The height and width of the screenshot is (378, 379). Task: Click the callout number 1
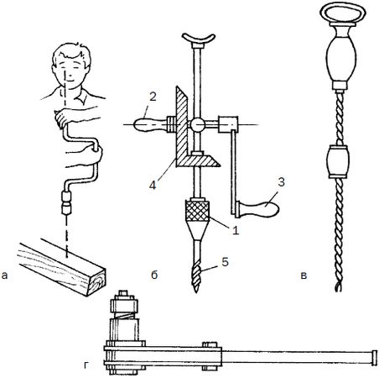click(236, 230)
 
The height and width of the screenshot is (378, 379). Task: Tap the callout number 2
click(153, 97)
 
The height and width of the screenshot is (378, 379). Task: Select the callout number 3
click(281, 182)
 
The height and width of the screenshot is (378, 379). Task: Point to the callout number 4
click(153, 185)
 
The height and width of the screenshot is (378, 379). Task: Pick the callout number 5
click(225, 262)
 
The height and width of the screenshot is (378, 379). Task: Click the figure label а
click(4, 276)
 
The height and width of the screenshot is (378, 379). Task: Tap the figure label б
click(154, 275)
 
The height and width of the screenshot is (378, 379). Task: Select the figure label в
click(304, 276)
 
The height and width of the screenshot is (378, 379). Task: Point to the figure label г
click(86, 365)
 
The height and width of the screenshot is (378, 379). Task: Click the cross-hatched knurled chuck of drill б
click(197, 210)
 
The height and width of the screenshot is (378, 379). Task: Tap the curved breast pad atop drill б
click(199, 39)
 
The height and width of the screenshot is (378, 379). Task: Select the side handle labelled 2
click(150, 124)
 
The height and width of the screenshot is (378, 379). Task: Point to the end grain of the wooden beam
click(97, 282)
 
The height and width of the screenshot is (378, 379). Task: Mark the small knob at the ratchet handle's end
click(373, 358)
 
